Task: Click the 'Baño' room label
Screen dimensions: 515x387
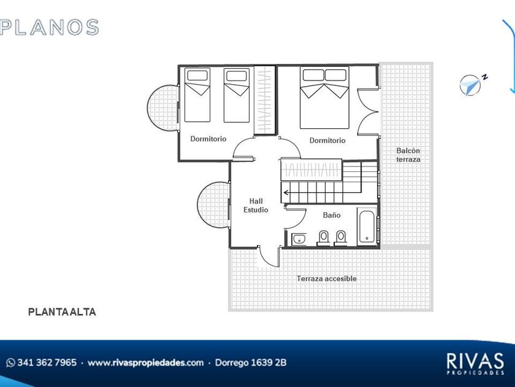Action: (x=332, y=215)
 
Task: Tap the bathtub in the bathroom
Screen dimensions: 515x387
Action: (x=367, y=227)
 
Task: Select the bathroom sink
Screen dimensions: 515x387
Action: (x=299, y=239)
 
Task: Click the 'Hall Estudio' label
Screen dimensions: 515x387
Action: (x=256, y=205)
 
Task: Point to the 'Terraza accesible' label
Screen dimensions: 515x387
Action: (x=326, y=279)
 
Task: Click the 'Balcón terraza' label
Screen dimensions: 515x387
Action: (x=408, y=155)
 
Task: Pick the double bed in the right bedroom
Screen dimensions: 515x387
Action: (x=324, y=98)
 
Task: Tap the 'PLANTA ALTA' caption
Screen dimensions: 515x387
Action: (x=62, y=312)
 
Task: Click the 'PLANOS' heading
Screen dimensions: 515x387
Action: (x=49, y=27)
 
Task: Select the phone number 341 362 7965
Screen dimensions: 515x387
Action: (x=47, y=362)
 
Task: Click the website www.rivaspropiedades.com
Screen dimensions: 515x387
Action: (x=145, y=362)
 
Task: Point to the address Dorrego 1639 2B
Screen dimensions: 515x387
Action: (x=251, y=362)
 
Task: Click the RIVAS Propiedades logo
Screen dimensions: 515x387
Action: (x=475, y=364)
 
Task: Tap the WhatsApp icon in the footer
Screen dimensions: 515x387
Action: (x=11, y=362)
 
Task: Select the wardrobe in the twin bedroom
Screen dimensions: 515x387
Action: (x=265, y=100)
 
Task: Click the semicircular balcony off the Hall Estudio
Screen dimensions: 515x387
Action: (x=213, y=205)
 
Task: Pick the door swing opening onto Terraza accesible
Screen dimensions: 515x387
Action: (x=269, y=256)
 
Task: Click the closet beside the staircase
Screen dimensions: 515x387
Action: (x=311, y=170)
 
